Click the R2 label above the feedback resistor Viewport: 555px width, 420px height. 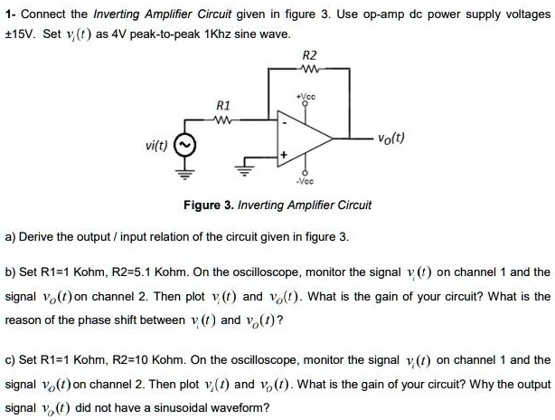(x=309, y=54)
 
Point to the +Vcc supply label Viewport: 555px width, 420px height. (x=304, y=94)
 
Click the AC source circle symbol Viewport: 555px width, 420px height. (x=184, y=144)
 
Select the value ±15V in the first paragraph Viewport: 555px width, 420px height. (x=21, y=33)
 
